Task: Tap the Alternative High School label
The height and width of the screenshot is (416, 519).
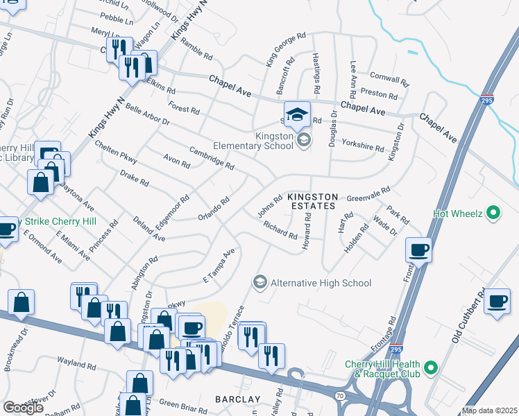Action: coord(321,283)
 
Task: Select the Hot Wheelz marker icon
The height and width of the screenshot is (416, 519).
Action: coord(493,213)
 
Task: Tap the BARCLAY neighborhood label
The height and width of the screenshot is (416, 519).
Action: coord(237,399)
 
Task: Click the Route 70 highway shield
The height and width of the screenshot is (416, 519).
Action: coord(339,395)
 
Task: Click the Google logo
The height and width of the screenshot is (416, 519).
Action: coord(22,408)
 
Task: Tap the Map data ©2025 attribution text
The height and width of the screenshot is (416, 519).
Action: coord(490,410)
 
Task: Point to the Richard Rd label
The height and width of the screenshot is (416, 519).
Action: coord(280,229)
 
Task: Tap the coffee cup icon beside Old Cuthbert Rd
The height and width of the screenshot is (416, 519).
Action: coord(497,301)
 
